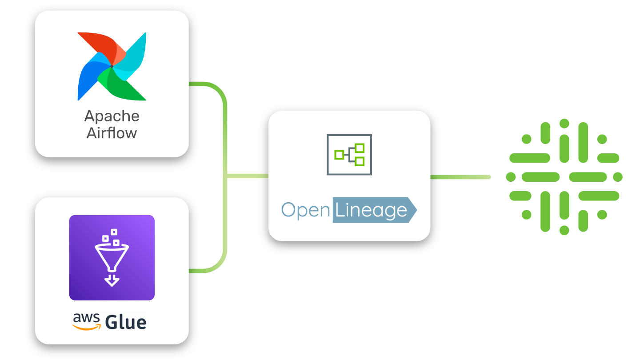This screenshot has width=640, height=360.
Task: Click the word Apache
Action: click(x=112, y=116)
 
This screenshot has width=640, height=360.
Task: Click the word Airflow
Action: click(x=112, y=133)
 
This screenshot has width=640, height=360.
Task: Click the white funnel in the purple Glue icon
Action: click(x=112, y=256)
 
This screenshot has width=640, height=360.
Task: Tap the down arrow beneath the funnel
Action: click(x=112, y=280)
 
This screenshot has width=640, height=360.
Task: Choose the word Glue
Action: click(x=126, y=321)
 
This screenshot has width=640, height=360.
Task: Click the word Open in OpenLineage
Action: click(x=305, y=210)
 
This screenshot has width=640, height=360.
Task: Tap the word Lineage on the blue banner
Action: click(x=371, y=210)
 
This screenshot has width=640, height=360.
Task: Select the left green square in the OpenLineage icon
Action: click(x=339, y=155)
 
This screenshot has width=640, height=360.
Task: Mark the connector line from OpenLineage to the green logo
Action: click(x=460, y=177)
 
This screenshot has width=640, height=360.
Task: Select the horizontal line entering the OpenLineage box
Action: click(x=248, y=176)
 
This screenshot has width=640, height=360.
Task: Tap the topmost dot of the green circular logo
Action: click(x=564, y=123)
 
